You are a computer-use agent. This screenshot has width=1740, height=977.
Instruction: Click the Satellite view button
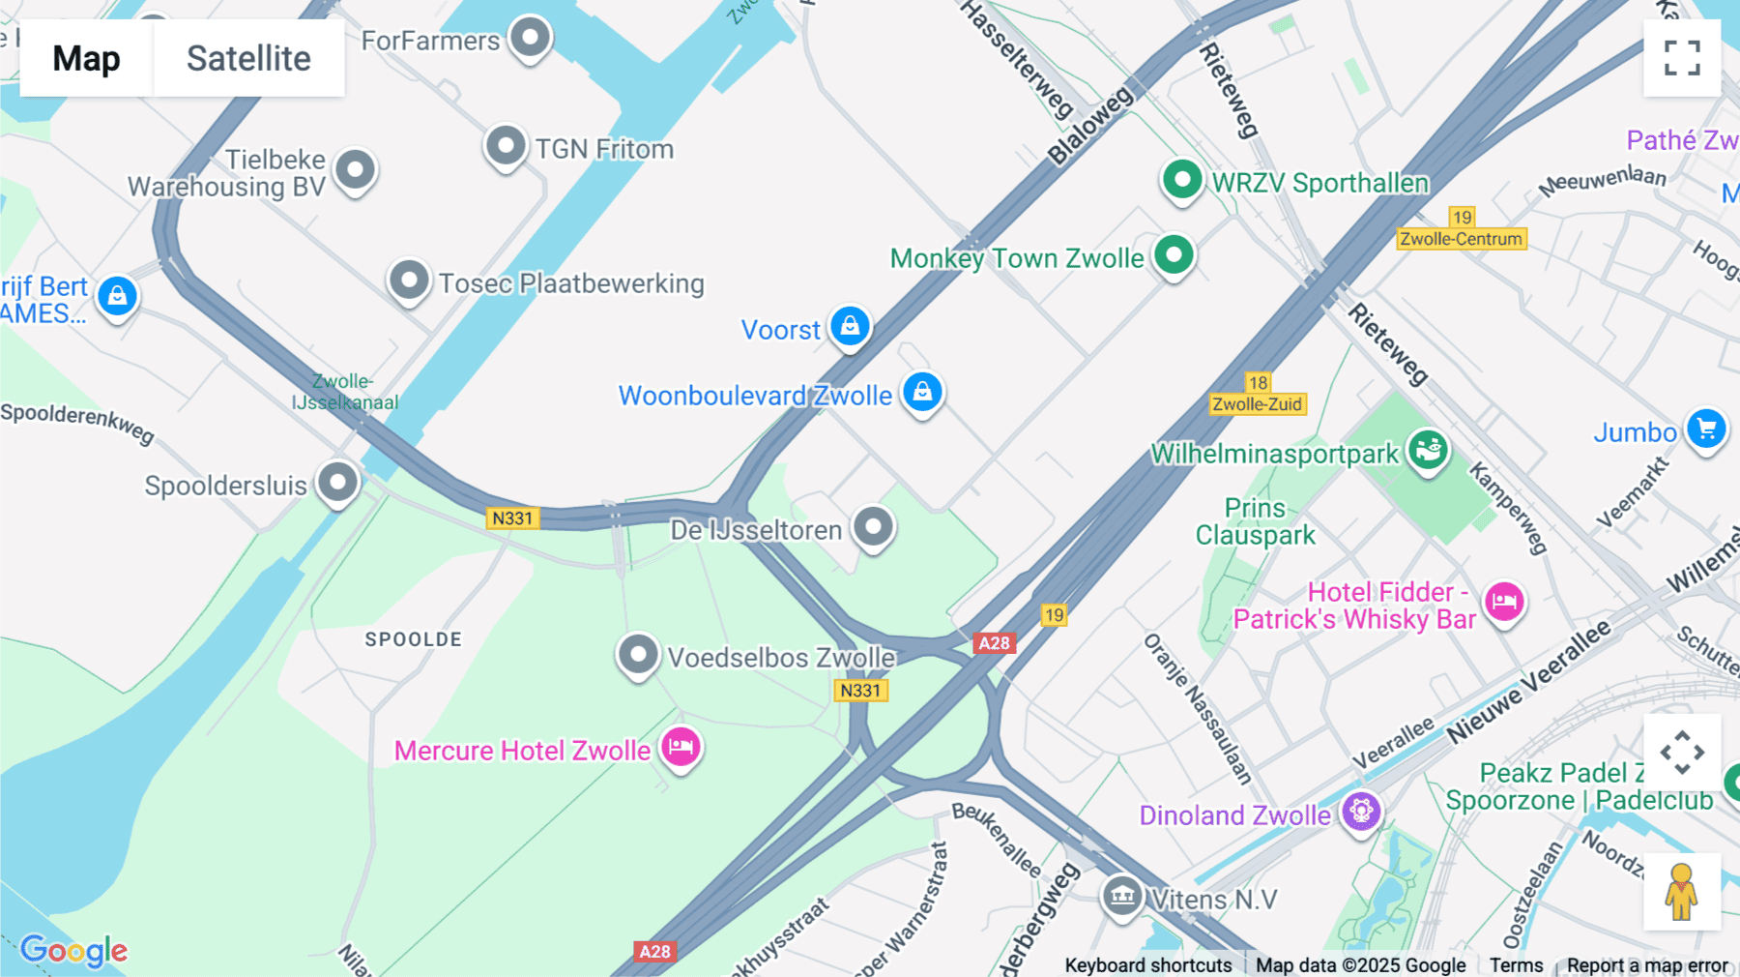(x=248, y=58)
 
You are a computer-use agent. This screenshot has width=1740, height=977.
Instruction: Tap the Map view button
(x=86, y=58)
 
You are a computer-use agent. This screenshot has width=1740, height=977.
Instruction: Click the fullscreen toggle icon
(x=1682, y=58)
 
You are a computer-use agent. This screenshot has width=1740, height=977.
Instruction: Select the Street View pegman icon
(x=1682, y=891)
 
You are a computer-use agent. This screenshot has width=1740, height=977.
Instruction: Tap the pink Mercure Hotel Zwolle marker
(x=681, y=747)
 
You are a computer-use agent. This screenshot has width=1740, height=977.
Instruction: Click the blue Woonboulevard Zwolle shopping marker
(x=922, y=393)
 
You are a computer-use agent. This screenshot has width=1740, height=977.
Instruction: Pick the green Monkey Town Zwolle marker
(x=1174, y=255)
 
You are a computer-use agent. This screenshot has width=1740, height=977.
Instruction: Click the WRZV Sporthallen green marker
(x=1181, y=180)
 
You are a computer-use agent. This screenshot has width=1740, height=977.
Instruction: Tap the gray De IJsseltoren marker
(x=874, y=527)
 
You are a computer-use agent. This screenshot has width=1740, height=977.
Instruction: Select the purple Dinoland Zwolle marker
(x=1361, y=811)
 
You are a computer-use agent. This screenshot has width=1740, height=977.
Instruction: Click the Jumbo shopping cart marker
(x=1706, y=429)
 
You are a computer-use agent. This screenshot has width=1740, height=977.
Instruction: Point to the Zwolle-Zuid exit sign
(x=1258, y=403)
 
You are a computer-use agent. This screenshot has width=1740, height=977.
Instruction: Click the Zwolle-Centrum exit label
(x=1461, y=238)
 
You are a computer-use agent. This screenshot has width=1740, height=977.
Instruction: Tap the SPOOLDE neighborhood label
(x=413, y=639)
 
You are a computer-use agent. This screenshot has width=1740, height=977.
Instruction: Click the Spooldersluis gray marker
(x=338, y=482)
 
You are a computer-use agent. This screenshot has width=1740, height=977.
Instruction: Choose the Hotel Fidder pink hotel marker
(x=1504, y=602)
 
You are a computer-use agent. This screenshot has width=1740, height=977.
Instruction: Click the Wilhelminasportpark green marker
(x=1428, y=450)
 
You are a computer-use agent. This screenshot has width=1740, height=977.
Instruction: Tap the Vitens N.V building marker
(x=1122, y=895)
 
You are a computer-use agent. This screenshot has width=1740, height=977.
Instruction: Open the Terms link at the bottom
(x=1516, y=964)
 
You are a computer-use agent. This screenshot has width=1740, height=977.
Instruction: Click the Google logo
(x=73, y=951)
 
